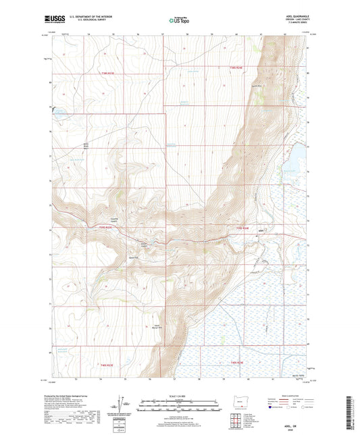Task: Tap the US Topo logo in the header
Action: coord(180,21)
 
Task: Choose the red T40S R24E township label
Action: coord(233,362)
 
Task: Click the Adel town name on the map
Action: coord(263,230)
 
